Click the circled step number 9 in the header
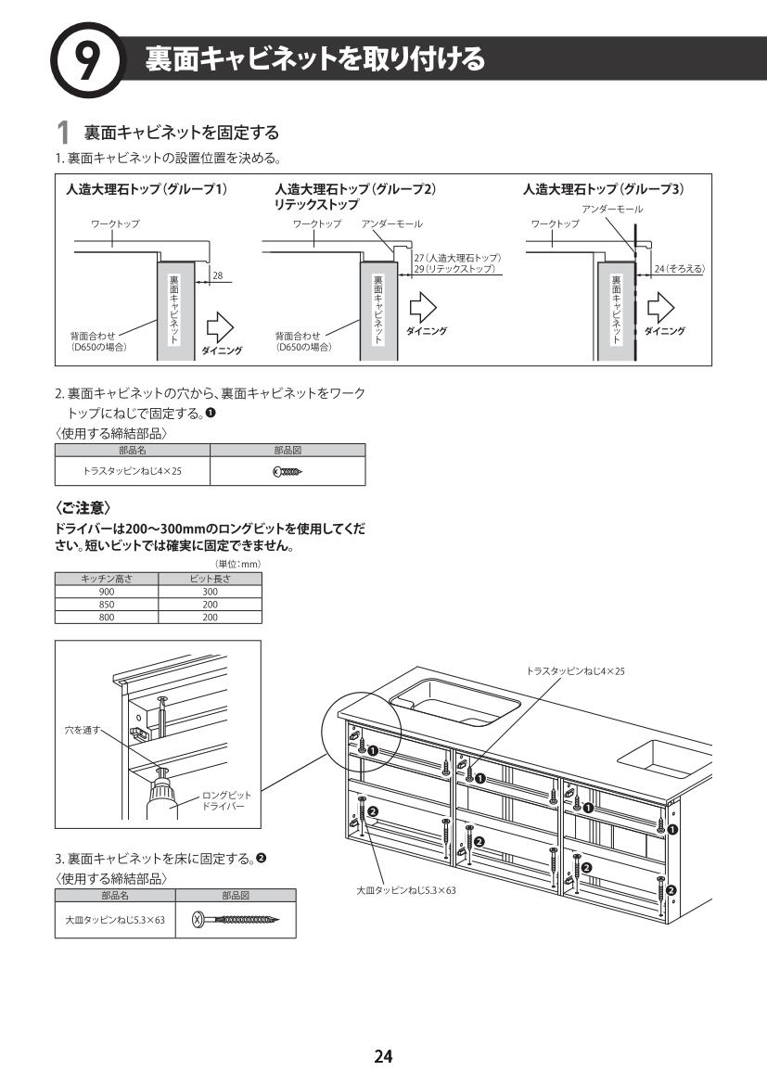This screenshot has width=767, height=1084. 86,60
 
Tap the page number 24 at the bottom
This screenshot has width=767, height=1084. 383,1055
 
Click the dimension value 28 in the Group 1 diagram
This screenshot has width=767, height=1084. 218,275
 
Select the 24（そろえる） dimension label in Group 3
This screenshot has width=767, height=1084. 680,268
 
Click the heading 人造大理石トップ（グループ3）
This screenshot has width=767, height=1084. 603,189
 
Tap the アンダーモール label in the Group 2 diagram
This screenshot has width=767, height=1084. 391,224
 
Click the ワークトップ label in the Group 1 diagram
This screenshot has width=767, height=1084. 115,224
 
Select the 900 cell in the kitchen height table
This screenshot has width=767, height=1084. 107,592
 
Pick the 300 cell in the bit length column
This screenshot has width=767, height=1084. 211,592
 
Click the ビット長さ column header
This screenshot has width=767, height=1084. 211,580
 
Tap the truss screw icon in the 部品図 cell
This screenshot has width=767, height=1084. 288,471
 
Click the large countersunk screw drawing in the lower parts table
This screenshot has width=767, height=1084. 236,920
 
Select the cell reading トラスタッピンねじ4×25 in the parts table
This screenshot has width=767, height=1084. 132,471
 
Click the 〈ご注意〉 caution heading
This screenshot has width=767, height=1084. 83,508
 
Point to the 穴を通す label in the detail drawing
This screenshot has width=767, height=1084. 82,730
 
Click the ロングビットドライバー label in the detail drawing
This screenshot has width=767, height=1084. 226,801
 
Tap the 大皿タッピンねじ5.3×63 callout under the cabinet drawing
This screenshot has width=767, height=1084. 406,890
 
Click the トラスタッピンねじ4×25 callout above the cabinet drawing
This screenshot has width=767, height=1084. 575,670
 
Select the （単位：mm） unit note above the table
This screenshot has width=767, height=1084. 237,564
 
